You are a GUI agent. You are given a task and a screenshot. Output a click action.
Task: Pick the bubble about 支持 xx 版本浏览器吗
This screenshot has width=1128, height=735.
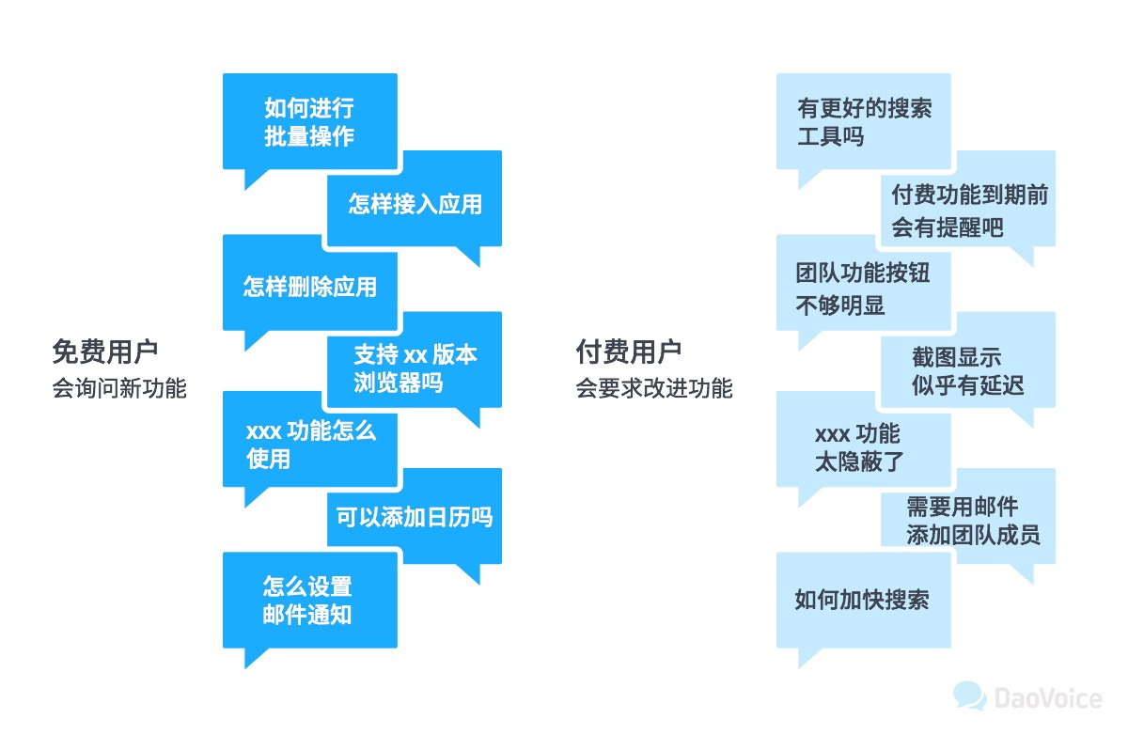pos(415,367)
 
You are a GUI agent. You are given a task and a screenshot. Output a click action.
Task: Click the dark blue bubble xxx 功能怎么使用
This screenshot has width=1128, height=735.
pos(309,445)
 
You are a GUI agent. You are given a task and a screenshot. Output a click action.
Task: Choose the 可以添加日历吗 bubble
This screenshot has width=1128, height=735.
pos(415,517)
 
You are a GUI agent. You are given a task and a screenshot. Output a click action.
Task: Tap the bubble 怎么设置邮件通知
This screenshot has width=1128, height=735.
pos(309,602)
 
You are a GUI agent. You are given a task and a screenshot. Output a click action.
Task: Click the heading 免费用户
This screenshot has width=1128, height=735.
pos(105,352)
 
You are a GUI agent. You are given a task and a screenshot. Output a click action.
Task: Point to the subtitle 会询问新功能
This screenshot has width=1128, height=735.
pos(119,388)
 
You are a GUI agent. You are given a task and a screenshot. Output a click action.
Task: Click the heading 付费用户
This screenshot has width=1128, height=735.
pos(629,352)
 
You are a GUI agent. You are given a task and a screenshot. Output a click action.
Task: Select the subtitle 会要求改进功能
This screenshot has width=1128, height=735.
pos(654,388)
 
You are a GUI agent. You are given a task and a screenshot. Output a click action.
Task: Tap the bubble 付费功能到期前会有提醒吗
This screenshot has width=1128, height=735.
pos(968,211)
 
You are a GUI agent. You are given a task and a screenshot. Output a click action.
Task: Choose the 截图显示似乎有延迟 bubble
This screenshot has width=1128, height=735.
pos(968,370)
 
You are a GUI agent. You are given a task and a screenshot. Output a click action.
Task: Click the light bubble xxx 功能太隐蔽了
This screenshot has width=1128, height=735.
pos(864,447)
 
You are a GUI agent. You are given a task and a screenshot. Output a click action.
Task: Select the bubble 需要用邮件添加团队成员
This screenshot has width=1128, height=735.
pos(968,521)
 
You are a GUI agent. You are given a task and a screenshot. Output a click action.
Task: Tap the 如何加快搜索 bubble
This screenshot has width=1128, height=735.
pos(864,601)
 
